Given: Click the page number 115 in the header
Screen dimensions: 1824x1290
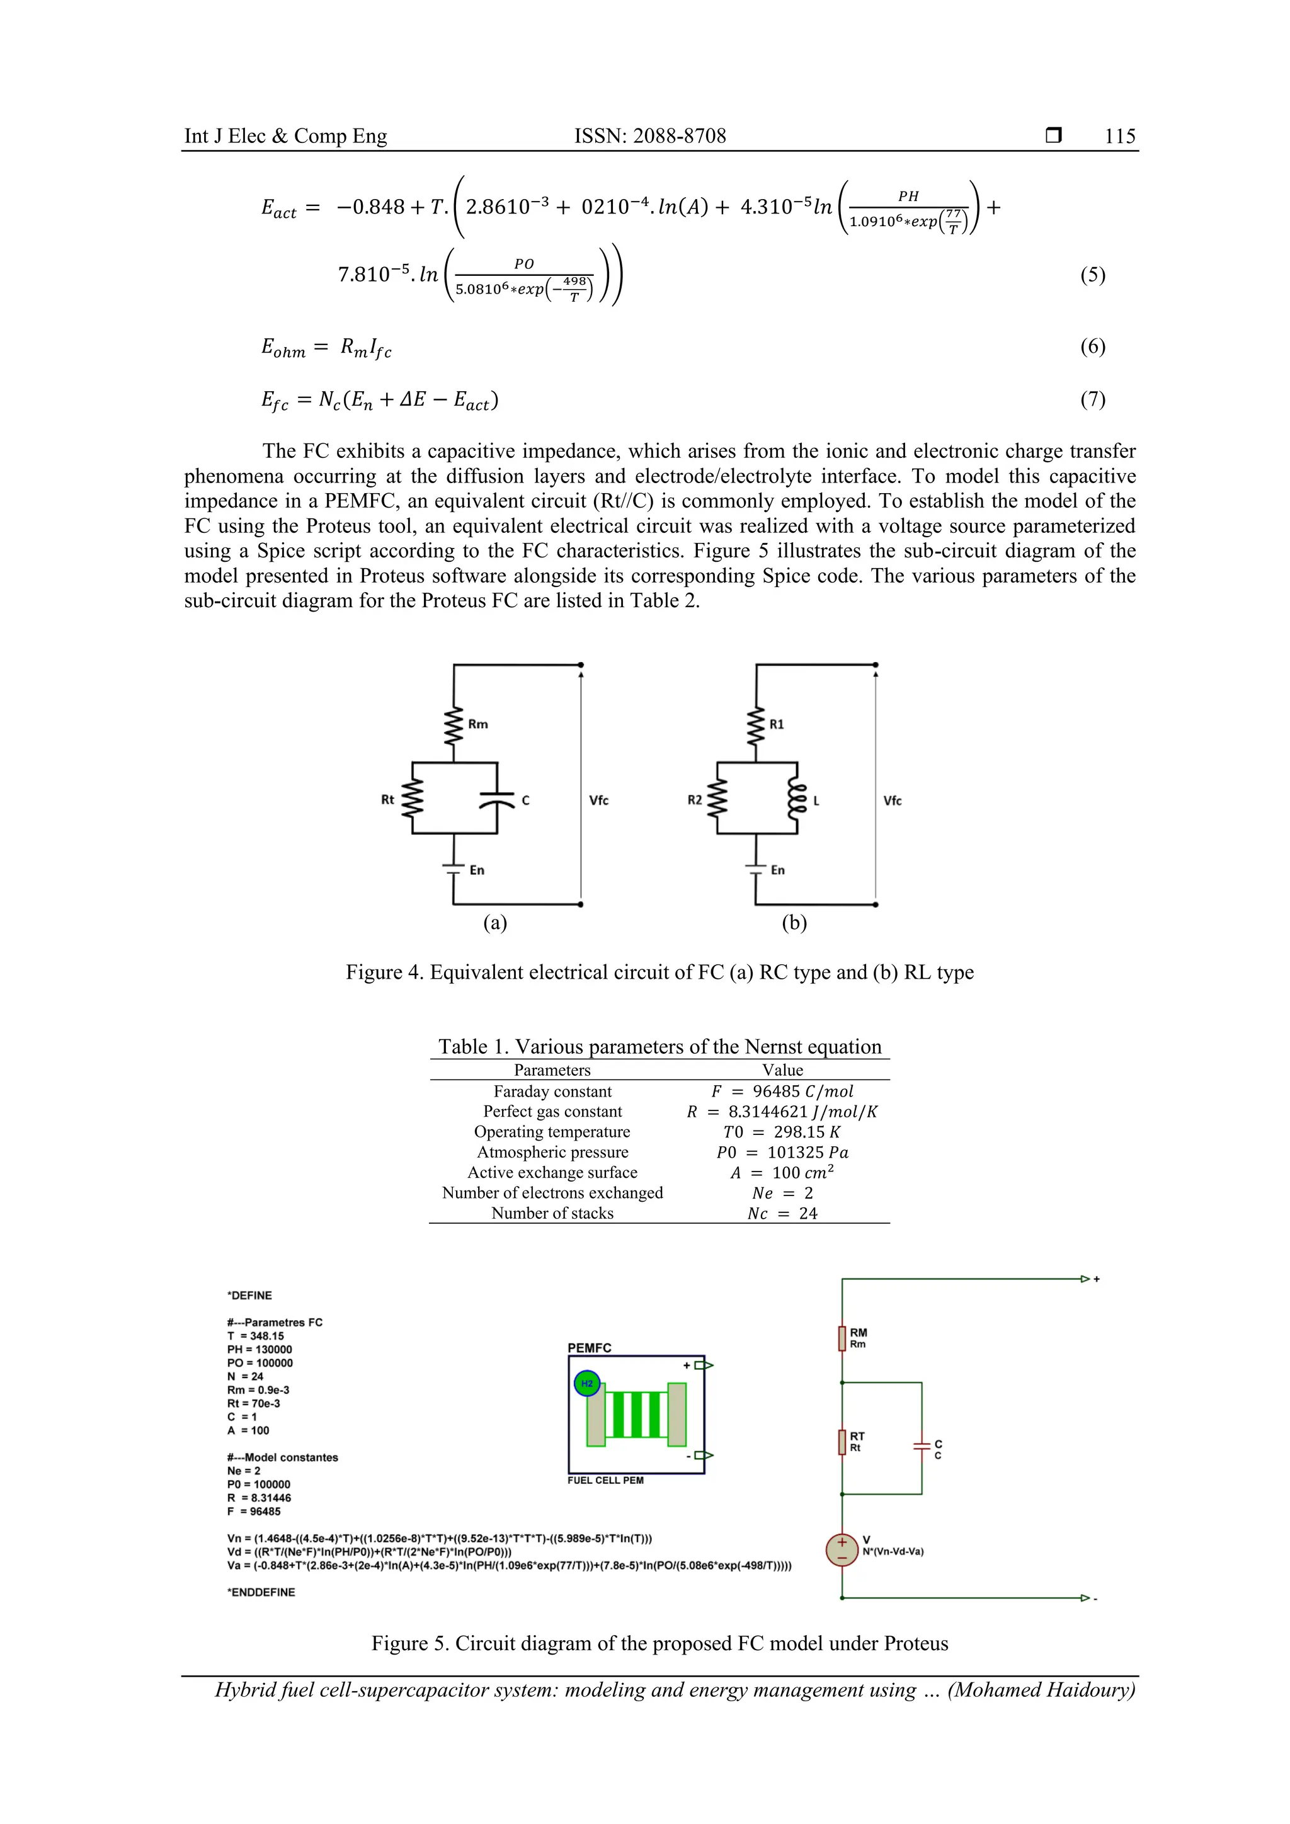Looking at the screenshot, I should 1119,136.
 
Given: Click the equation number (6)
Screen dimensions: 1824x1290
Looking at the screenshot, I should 1092,346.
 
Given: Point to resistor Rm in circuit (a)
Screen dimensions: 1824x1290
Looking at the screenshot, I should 454,724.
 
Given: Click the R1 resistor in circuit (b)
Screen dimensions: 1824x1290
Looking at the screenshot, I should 756,724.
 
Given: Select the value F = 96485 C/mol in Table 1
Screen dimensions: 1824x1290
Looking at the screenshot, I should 782,1092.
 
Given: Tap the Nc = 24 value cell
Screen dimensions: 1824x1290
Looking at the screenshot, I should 782,1213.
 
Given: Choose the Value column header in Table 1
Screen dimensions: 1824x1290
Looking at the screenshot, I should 782,1070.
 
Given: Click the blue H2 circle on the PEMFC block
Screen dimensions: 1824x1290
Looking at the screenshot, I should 586,1384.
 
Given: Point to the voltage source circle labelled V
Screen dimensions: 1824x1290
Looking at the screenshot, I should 842,1550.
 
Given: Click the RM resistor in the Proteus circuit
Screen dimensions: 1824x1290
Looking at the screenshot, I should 842,1338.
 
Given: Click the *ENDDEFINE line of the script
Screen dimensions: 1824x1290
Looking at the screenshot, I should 261,1592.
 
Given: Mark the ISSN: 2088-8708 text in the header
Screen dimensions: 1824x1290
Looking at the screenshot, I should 650,136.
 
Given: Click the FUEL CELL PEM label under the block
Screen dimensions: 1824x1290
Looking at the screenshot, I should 605,1480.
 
